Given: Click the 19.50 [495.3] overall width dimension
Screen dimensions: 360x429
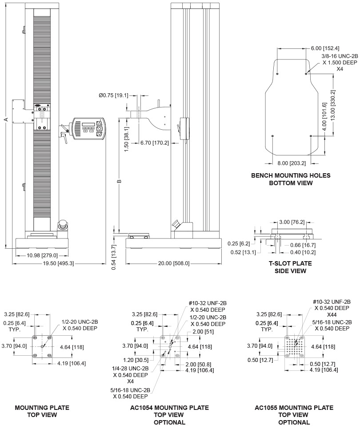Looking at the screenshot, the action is click(x=58, y=263).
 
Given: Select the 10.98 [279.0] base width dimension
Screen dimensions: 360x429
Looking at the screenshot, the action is click(x=42, y=255).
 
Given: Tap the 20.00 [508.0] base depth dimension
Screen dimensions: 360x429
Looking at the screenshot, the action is click(x=174, y=263).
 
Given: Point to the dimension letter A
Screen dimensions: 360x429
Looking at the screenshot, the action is click(x=5, y=119).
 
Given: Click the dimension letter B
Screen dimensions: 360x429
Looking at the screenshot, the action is click(x=119, y=181).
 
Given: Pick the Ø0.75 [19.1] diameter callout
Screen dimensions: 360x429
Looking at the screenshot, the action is click(x=113, y=95).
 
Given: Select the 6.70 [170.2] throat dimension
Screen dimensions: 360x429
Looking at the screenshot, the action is click(x=155, y=143).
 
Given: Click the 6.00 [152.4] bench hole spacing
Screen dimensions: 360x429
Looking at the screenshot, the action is click(x=325, y=48).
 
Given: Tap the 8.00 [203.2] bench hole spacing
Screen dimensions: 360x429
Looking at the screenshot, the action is click(x=292, y=163).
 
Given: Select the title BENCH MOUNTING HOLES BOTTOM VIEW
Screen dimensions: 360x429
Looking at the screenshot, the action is click(x=291, y=179).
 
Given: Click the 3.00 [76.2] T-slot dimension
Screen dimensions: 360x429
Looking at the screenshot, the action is click(x=292, y=222).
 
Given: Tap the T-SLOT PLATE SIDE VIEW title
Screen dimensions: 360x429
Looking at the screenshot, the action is click(x=291, y=267).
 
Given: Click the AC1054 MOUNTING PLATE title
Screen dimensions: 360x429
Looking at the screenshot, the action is click(x=169, y=408).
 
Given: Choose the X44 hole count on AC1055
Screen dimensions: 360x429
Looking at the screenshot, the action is click(x=332, y=315).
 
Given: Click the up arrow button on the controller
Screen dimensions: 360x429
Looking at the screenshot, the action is click(x=100, y=123).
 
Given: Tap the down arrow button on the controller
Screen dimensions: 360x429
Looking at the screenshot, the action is click(x=100, y=134).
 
